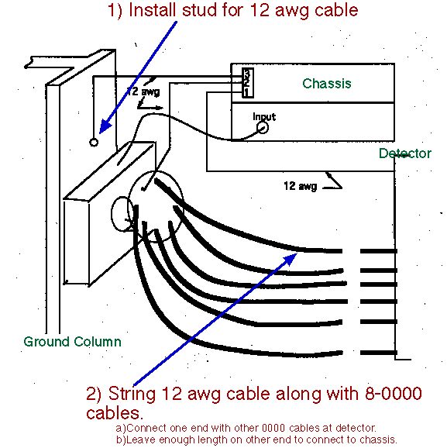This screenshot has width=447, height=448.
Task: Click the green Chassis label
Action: pos(327,84)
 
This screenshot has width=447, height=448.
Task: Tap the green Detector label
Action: pos(404,153)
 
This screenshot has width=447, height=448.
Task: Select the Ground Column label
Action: pos(72,342)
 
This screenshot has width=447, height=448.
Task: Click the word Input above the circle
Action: pos(264,116)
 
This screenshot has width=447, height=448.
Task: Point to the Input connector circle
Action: pos(263,127)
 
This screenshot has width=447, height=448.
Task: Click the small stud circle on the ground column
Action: pos(94,142)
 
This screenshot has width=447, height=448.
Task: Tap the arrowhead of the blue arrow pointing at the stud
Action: pos(105,127)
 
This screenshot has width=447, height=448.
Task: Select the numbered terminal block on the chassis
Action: pos(248,83)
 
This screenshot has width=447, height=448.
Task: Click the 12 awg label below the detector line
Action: pos(300,186)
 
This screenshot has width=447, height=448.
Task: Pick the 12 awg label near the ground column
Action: pos(143,91)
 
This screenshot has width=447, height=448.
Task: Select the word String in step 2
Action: pos(132,395)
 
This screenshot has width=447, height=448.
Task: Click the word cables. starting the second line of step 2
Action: pos(115,413)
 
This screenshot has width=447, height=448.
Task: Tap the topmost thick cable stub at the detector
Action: pos(379,251)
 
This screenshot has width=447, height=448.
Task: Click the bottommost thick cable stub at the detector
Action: pos(379,353)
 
